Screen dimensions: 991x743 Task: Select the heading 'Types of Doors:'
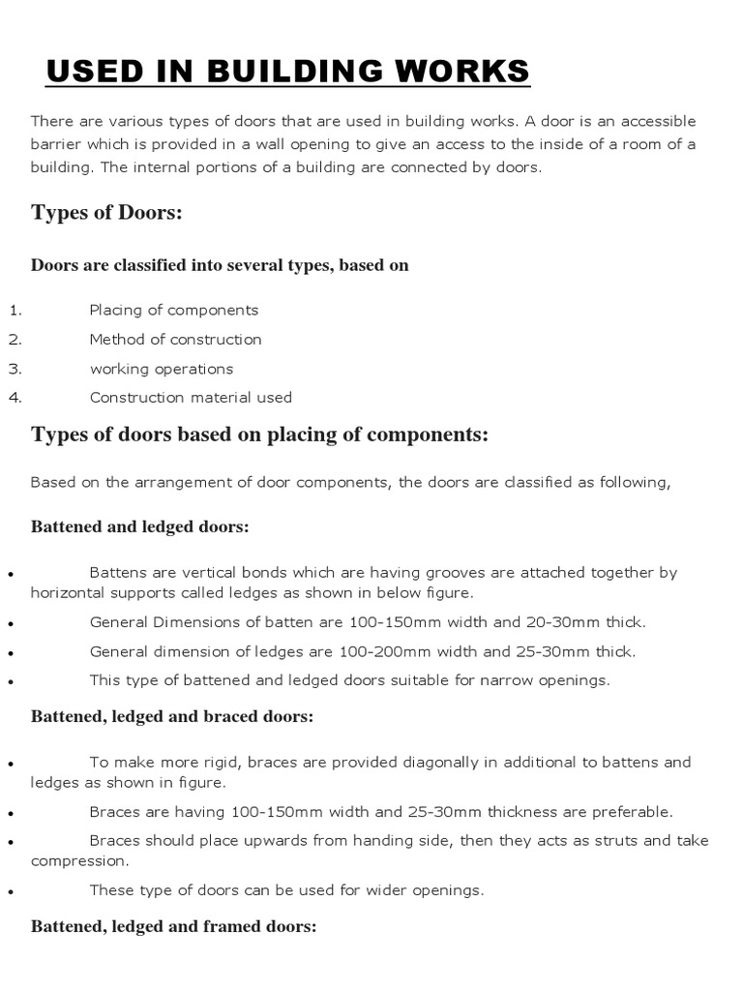pos(106,213)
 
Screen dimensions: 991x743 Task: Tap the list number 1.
pos(15,311)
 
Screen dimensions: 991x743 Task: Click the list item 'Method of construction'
pos(175,340)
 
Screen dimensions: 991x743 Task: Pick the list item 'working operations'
pos(162,369)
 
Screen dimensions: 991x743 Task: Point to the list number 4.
pos(15,398)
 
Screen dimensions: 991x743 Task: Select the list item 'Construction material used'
pos(191,398)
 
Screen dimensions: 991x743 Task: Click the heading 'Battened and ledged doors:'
pos(140,527)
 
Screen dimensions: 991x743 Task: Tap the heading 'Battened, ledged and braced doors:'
pos(172,717)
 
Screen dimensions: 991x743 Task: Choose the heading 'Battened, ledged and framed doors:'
pos(174,926)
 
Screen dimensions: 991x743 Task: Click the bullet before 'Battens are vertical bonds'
pos(9,574)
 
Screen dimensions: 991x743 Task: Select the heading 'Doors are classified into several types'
pos(220,265)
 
